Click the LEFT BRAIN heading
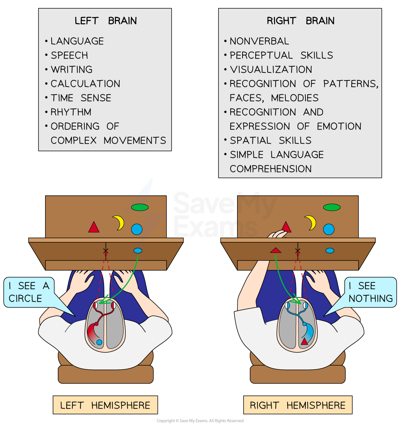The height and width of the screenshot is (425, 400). click(105, 21)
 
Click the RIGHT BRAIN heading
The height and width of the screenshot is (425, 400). click(300, 21)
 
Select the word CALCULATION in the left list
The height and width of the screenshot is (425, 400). click(85, 84)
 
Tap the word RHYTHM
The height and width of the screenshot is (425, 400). click(71, 112)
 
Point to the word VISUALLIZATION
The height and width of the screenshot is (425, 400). click(271, 69)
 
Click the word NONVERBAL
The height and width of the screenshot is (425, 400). click(259, 41)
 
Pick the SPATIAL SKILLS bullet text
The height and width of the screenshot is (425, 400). click(271, 140)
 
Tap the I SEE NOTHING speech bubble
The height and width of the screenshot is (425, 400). click(370, 292)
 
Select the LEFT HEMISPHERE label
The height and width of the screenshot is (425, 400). click(105, 405)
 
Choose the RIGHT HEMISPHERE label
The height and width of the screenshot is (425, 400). click(297, 405)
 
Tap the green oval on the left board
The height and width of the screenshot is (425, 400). click(140, 207)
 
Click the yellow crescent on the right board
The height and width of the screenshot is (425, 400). click(311, 223)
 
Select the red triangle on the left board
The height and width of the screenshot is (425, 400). click(94, 228)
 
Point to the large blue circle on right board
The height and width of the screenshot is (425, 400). click(328, 229)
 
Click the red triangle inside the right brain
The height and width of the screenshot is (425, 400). click(304, 341)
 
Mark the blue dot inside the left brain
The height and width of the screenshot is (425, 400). click(99, 342)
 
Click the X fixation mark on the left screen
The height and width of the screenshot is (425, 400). click(106, 251)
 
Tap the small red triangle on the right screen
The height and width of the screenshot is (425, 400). click(276, 250)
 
